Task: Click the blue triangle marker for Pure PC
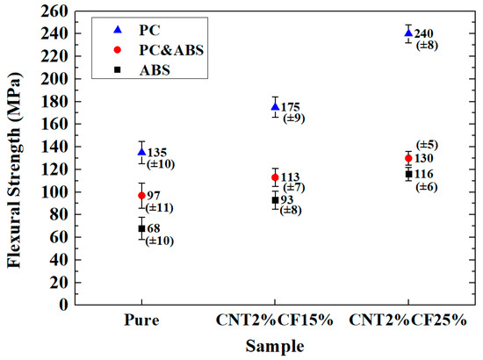tap(141, 152)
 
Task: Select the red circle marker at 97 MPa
tap(141, 195)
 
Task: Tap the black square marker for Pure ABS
tap(141, 228)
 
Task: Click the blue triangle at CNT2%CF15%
tap(275, 107)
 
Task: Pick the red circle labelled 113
tap(275, 177)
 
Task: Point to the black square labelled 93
tap(275, 200)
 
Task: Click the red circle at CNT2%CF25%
tap(408, 158)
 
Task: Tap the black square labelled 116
tap(408, 174)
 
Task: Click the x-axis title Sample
tap(275, 347)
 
